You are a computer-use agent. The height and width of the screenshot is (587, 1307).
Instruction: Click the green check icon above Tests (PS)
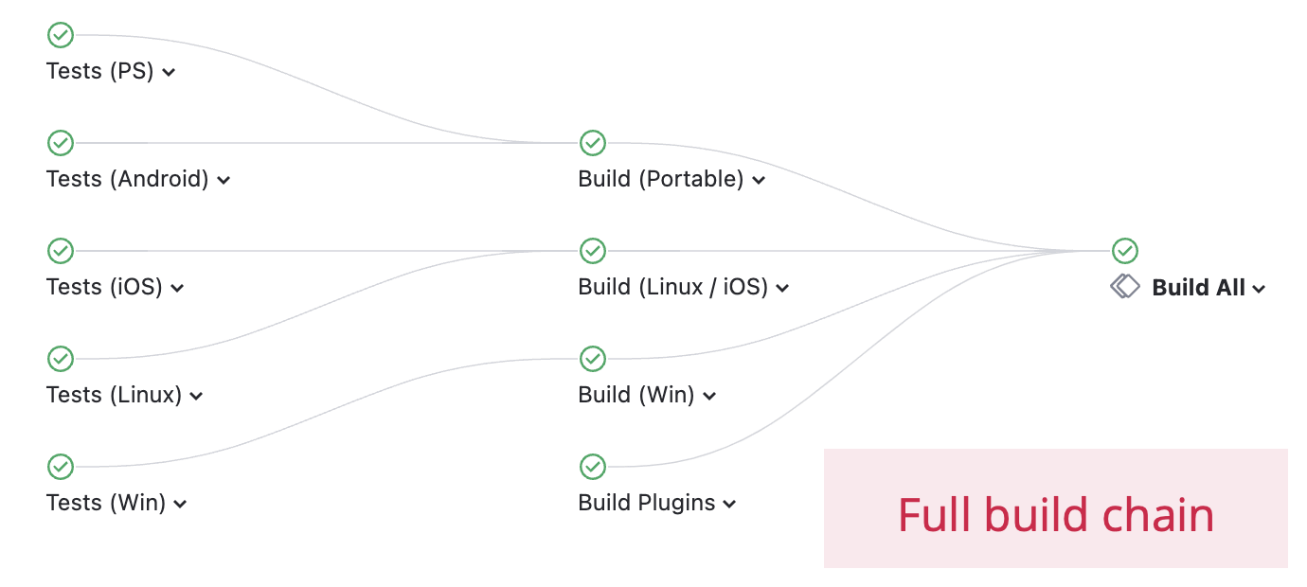click(61, 35)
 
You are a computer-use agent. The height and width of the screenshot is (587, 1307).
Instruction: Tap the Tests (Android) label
click(127, 179)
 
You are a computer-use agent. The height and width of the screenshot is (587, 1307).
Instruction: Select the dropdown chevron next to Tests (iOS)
click(177, 288)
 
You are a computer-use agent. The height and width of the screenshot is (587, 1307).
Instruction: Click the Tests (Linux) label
click(114, 395)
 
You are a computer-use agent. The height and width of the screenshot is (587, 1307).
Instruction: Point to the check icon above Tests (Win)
click(61, 467)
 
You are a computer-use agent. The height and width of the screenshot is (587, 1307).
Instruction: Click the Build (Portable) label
click(660, 179)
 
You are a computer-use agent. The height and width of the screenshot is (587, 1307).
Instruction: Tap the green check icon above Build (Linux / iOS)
click(593, 251)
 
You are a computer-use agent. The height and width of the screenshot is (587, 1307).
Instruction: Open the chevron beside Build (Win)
click(709, 396)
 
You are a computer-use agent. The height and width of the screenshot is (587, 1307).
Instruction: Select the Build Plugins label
click(647, 503)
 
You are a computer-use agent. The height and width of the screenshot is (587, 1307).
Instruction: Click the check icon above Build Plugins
click(593, 467)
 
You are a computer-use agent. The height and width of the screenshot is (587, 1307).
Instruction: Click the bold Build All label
click(1198, 288)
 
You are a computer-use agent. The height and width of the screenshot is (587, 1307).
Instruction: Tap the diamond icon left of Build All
click(1124, 286)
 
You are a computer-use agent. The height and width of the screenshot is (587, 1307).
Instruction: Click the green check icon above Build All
click(1125, 251)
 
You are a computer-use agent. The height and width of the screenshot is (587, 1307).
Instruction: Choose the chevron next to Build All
click(1259, 290)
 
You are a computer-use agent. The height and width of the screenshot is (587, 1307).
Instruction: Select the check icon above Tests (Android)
click(61, 143)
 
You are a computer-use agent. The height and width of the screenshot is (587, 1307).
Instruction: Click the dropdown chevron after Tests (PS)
click(169, 72)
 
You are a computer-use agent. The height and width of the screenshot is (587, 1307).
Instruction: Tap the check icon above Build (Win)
click(593, 359)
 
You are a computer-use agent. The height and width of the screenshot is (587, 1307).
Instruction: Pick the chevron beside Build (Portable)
click(759, 180)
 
